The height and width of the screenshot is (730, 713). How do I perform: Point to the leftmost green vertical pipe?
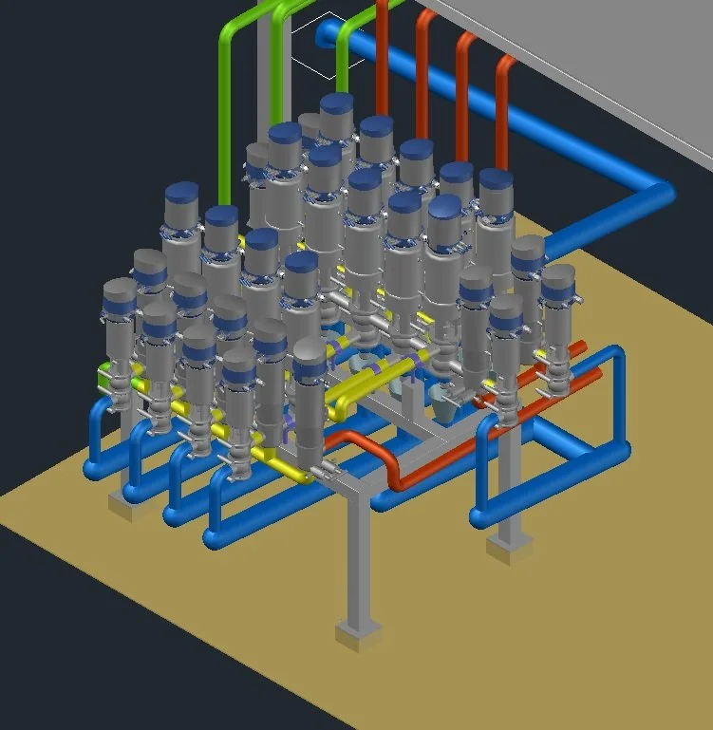226,114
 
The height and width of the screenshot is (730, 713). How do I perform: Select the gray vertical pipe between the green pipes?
263,85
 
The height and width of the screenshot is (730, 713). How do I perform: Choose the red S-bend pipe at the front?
380,456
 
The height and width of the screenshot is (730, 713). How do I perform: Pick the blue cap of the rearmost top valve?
337,103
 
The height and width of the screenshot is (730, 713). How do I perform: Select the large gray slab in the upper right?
589,57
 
